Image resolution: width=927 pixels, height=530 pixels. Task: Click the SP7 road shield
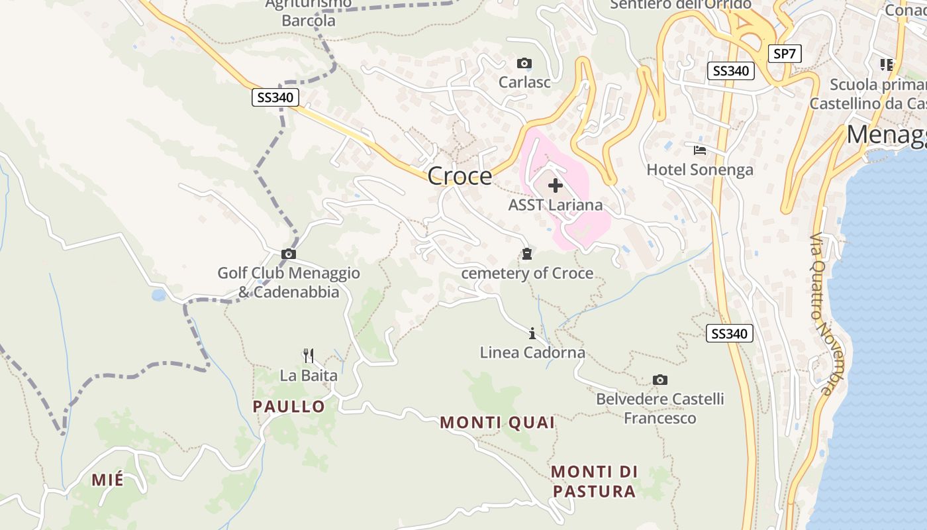click(785, 54)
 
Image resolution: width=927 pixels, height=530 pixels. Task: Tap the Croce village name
click(460, 176)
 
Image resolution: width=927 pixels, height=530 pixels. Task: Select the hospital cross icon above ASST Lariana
click(556, 186)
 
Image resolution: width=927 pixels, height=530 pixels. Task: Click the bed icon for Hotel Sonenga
click(700, 150)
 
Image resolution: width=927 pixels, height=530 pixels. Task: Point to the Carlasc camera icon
click(524, 64)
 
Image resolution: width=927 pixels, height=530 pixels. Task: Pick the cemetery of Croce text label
click(527, 273)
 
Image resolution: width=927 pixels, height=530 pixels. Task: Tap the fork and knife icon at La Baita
click(309, 356)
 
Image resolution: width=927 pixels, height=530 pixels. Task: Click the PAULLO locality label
click(289, 406)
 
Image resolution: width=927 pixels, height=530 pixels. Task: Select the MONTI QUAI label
click(497, 422)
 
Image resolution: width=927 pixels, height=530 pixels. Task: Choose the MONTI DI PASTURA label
click(594, 482)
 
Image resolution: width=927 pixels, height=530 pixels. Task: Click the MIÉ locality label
click(107, 480)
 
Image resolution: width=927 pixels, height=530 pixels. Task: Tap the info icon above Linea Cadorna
click(532, 333)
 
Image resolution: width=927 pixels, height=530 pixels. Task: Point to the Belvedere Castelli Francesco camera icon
click(659, 380)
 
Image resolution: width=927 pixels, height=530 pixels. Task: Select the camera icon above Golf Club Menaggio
click(289, 254)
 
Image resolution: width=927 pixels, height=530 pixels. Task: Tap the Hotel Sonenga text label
click(700, 170)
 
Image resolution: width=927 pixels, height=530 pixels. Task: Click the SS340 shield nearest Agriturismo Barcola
click(275, 98)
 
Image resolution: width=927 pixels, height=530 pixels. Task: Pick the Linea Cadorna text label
click(532, 352)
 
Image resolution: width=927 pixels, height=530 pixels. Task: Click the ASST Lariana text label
click(556, 205)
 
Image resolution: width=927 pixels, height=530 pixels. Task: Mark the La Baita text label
click(309, 376)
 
